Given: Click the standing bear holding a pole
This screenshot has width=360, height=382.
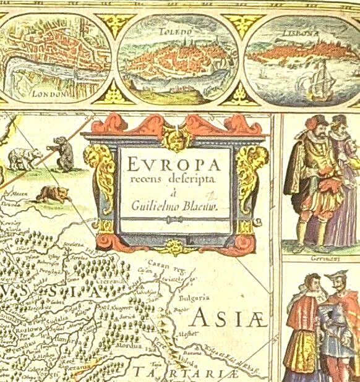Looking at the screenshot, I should pyautogui.click(x=62, y=155).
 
